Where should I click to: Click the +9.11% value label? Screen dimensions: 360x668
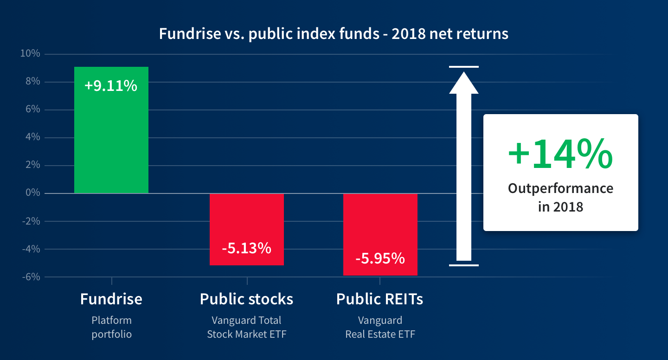click(111, 85)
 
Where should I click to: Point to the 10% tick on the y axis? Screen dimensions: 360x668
click(30, 54)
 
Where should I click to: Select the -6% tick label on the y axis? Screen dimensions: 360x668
click(31, 277)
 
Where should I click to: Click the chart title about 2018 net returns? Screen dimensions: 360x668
click(334, 34)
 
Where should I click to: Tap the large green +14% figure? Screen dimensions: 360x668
click(560, 154)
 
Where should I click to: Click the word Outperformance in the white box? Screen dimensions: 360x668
click(560, 188)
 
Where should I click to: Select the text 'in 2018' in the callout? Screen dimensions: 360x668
click(560, 206)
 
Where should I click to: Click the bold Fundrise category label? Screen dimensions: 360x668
click(111, 299)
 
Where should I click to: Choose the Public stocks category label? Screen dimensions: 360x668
click(246, 299)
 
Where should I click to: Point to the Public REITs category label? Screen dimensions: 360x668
click(379, 299)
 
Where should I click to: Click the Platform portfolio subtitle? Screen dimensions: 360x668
click(111, 327)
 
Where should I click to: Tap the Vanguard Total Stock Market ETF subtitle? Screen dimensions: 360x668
click(246, 327)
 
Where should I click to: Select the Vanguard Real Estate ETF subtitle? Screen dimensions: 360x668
click(380, 327)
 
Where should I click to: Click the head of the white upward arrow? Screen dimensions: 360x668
click(463, 82)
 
